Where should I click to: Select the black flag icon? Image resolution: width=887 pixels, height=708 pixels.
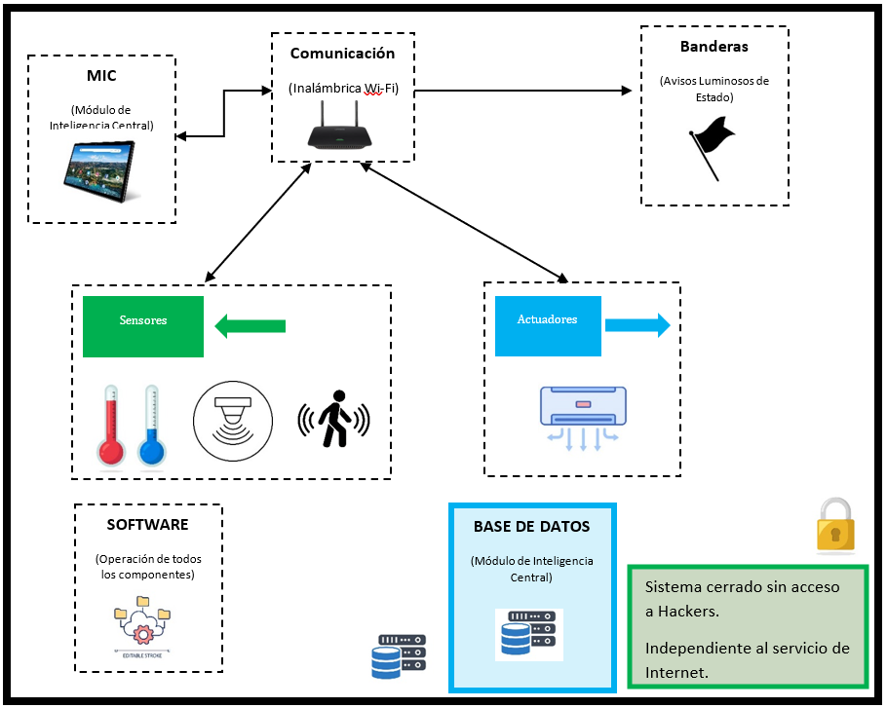point(712,146)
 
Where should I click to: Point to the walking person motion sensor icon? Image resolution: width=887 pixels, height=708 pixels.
point(334,420)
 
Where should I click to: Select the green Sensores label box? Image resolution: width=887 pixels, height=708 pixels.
point(143,321)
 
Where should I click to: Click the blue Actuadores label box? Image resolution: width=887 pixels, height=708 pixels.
point(547,320)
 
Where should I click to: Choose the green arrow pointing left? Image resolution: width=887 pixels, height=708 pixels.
point(250,325)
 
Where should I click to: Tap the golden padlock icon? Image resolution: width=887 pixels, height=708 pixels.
point(835,526)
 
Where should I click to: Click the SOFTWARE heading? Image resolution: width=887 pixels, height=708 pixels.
point(147,525)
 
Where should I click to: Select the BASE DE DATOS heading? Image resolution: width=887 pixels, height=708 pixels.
point(531,526)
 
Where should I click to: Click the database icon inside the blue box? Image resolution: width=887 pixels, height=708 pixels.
point(528,634)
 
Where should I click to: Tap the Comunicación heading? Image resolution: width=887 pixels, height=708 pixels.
point(342,54)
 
